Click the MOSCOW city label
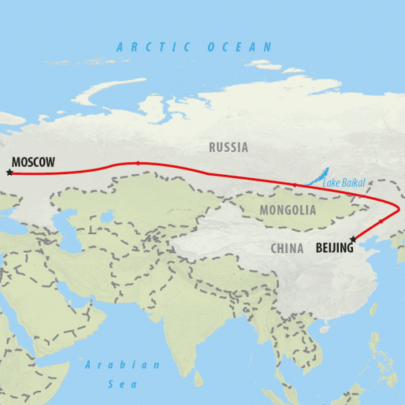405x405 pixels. (x=33, y=162)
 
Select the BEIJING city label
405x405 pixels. (x=334, y=248)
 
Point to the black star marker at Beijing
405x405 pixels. (x=352, y=239)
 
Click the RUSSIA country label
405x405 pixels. (x=228, y=147)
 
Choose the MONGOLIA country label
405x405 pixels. (x=288, y=210)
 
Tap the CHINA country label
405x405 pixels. (x=287, y=248)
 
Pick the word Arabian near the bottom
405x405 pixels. (x=123, y=364)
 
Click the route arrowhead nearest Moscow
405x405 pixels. (x=138, y=163)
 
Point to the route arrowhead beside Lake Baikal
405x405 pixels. (x=295, y=184)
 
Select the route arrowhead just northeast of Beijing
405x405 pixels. (x=381, y=221)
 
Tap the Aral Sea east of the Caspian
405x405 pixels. (x=106, y=217)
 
